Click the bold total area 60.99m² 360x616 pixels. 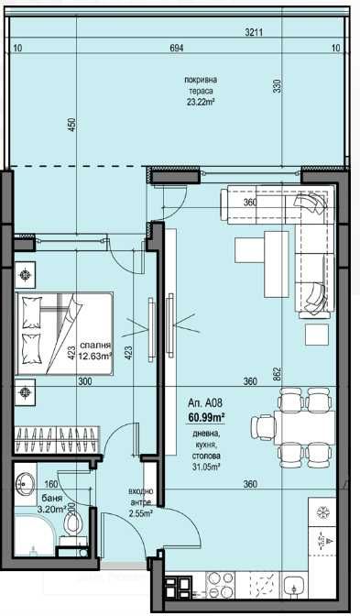coord(207,417)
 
